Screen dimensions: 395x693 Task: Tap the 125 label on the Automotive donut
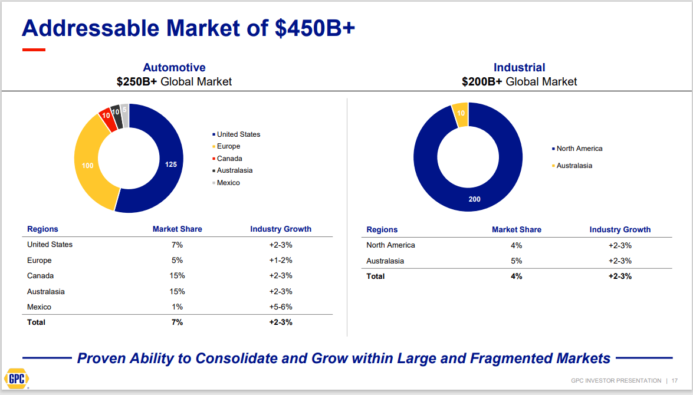tap(170, 165)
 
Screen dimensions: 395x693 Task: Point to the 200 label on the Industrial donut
tap(474, 199)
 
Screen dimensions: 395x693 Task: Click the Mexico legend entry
tap(228, 183)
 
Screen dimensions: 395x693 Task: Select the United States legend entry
tap(238, 134)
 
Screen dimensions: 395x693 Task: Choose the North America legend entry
tap(579, 149)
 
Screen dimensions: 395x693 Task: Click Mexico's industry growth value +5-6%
tap(281, 307)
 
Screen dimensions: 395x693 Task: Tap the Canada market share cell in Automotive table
tap(177, 276)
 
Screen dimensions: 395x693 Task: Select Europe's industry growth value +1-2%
tap(281, 261)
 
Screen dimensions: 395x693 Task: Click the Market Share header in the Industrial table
tap(516, 230)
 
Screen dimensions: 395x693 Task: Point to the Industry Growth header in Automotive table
tap(281, 229)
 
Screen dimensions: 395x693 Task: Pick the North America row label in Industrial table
tap(390, 245)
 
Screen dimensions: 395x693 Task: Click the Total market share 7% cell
tap(177, 322)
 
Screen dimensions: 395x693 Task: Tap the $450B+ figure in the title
tap(314, 28)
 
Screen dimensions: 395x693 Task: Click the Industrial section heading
tap(519, 68)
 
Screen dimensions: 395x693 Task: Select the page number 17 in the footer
tap(674, 380)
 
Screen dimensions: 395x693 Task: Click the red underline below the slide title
tap(34, 50)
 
